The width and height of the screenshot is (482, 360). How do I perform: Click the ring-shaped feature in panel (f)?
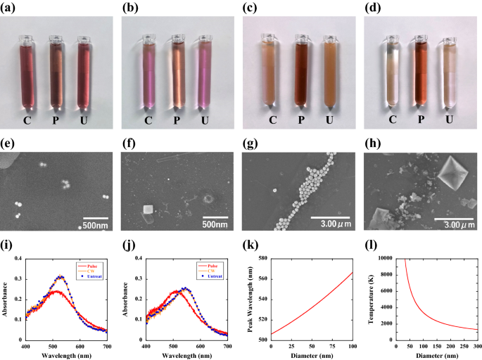pyautogui.click(x=209, y=199)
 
